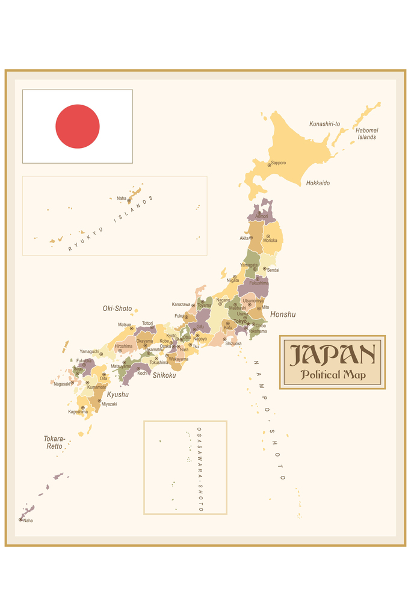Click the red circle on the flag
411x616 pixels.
(x=78, y=126)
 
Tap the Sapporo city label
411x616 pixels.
(x=278, y=163)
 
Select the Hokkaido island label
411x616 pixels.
(x=318, y=183)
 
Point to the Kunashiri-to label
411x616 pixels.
(x=324, y=124)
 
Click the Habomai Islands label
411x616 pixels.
(x=366, y=134)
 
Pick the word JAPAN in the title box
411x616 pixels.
(x=332, y=355)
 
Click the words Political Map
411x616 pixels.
(x=332, y=375)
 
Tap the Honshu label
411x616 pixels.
(x=283, y=315)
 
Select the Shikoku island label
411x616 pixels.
(x=164, y=375)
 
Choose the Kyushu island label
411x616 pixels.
(x=118, y=395)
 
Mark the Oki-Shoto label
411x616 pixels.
(x=117, y=309)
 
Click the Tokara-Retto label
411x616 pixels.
(x=54, y=443)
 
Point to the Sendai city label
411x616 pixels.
(x=273, y=270)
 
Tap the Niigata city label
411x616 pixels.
(x=232, y=280)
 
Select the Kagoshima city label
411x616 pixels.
(x=78, y=412)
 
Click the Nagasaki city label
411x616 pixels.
(x=61, y=384)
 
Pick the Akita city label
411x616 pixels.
(x=244, y=238)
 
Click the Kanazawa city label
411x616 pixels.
(x=181, y=304)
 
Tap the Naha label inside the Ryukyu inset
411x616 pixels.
(x=122, y=198)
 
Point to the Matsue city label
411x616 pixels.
(x=125, y=325)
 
